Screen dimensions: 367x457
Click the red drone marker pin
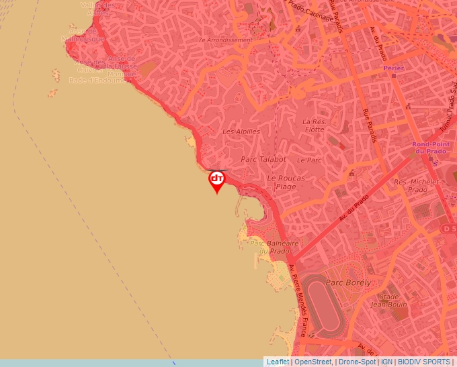click(216, 180)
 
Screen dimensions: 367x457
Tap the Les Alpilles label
click(241, 132)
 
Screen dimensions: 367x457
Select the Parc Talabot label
click(263, 160)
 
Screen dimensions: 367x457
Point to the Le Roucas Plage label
click(286, 182)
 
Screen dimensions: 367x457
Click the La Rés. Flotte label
click(314, 125)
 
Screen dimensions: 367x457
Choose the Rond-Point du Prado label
click(430, 148)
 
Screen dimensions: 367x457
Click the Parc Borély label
click(348, 282)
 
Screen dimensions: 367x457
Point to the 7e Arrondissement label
click(224, 40)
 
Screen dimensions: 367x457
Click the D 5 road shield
click(449, 229)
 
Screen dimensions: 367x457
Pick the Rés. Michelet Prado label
click(411, 186)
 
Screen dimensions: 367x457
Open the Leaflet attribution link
click(278, 362)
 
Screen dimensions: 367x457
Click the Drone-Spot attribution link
click(357, 362)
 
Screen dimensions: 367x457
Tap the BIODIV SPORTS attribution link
click(424, 362)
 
